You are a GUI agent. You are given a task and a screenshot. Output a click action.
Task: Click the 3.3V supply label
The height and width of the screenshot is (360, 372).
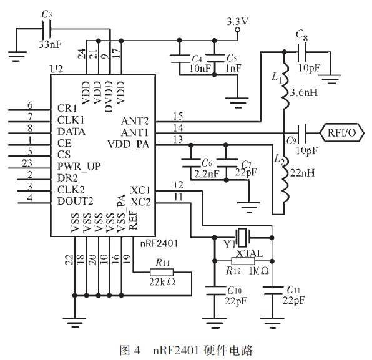click(x=238, y=21)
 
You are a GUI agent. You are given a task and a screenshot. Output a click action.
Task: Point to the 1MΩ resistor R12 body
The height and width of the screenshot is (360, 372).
click(x=244, y=261)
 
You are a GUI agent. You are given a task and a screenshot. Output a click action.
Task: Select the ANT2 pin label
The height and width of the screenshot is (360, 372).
click(x=137, y=121)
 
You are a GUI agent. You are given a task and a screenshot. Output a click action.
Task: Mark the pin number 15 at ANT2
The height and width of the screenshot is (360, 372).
click(x=178, y=116)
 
